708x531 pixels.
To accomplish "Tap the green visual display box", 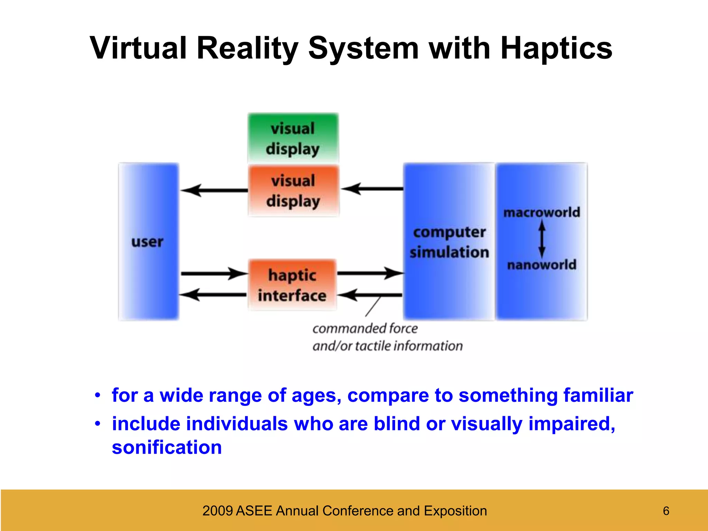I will pos(293,138).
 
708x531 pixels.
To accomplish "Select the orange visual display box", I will pos(293,191).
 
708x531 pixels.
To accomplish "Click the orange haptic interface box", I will pos(292,285).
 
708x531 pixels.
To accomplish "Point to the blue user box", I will pos(148,242).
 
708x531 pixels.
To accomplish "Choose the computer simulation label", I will pos(449,242).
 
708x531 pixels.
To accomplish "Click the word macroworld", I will pos(541,212).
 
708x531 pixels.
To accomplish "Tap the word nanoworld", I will pos(541,265).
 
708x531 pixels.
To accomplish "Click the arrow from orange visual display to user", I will pos(214,190).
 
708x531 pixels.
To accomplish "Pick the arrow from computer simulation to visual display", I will pos(372,189).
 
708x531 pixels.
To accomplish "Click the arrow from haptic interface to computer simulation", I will pos(370,273).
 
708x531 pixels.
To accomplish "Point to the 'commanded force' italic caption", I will pos(365,328).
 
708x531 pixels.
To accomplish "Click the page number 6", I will pos(666,511).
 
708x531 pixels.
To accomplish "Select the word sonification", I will pos(167,447).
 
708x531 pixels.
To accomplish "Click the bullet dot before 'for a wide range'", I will pos(98,395).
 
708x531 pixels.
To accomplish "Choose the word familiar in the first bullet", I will pos(598,395).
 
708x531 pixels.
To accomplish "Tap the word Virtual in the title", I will pos(138,48).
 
